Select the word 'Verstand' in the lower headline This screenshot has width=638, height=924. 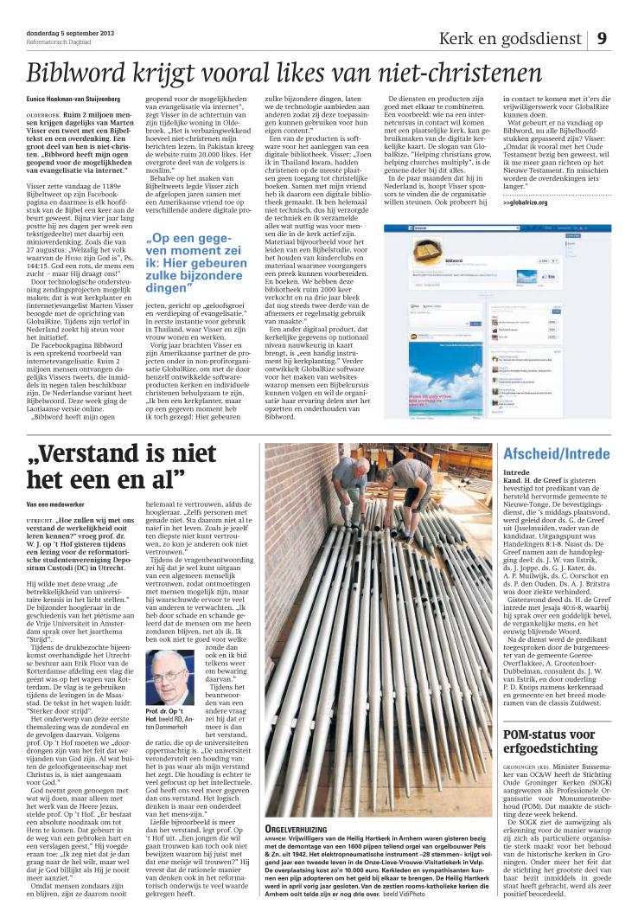click(x=87, y=452)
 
